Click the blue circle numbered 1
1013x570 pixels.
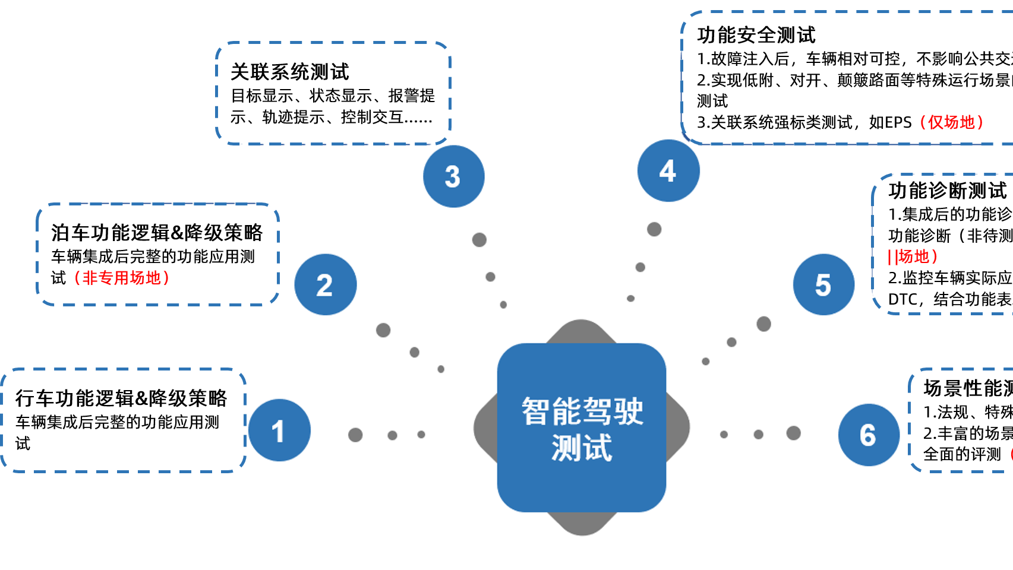279,430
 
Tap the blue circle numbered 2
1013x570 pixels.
325,285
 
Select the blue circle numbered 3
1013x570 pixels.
453,176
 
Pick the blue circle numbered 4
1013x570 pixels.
668,171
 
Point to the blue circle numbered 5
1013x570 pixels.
823,285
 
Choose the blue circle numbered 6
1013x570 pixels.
869,435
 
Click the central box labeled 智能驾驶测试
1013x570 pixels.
582,428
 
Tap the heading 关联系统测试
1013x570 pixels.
289,72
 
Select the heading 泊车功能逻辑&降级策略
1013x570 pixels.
157,233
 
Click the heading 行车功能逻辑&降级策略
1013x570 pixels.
121,398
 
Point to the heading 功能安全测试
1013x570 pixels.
756,35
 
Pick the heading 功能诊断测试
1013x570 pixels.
948,191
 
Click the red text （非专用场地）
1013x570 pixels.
121,278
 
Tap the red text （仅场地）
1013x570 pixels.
951,122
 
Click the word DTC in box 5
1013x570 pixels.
902,299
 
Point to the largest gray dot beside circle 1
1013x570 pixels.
355,435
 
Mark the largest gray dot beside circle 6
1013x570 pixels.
794,433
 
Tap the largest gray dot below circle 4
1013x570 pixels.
654,229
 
